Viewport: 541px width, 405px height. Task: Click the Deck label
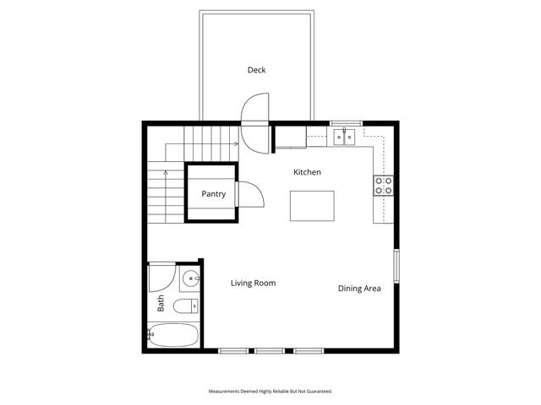[x=256, y=70]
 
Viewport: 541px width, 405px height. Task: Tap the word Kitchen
[x=307, y=172]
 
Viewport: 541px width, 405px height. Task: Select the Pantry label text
[x=213, y=194]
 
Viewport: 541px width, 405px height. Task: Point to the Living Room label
[x=253, y=283]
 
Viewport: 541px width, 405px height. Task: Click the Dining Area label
[x=359, y=289]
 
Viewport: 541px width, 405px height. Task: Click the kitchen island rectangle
[x=312, y=206]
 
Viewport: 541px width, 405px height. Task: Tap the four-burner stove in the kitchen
[x=383, y=185]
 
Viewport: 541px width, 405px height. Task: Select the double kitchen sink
[x=344, y=137]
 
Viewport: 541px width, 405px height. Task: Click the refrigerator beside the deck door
[x=290, y=138]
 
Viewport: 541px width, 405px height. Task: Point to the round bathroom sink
[x=190, y=278]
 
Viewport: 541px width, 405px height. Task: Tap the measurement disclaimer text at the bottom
[x=270, y=391]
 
